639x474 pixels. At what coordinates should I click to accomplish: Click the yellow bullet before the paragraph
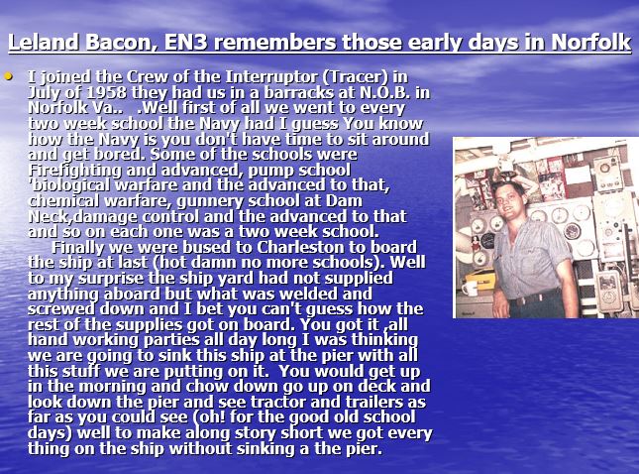coord(8,75)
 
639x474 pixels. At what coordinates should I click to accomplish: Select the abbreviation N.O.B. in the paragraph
coord(384,92)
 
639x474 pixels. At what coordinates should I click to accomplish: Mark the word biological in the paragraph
coord(69,185)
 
